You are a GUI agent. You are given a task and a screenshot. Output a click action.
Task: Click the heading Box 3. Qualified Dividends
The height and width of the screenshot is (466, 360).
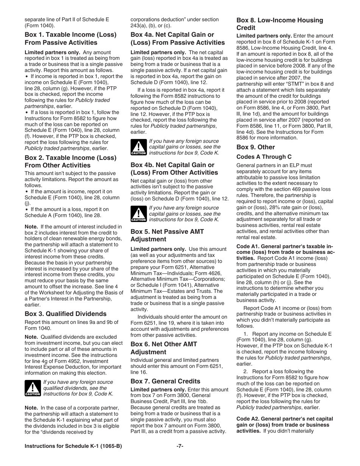(x=66, y=314)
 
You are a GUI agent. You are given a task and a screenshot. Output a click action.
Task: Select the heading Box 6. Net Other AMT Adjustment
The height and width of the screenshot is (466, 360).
(x=164, y=348)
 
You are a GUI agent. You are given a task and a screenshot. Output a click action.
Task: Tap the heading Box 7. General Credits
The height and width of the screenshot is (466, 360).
(x=165, y=381)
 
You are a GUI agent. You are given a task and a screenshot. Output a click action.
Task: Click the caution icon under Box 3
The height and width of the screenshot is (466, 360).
(x=33, y=388)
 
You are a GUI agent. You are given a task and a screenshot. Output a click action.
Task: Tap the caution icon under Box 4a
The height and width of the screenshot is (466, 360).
(x=138, y=147)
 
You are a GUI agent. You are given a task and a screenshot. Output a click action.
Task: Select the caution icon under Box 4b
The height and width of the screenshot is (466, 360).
(x=138, y=214)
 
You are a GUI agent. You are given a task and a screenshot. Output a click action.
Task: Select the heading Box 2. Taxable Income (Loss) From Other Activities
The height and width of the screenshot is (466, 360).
(x=70, y=161)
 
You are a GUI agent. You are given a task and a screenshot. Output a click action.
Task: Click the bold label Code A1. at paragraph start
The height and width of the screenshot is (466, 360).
(x=247, y=247)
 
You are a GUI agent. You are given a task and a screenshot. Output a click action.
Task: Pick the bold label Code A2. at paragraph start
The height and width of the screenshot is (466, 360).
(x=247, y=419)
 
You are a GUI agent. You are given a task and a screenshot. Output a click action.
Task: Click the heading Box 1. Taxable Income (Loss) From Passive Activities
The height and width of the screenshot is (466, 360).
(x=70, y=39)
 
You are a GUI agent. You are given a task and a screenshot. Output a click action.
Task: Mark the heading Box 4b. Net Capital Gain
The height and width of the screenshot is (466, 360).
(x=174, y=169)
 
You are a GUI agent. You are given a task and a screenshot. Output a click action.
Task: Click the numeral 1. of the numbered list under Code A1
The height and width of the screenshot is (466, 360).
(x=246, y=334)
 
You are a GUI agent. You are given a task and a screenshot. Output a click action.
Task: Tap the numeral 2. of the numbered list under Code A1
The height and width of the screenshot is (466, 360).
(x=246, y=371)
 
